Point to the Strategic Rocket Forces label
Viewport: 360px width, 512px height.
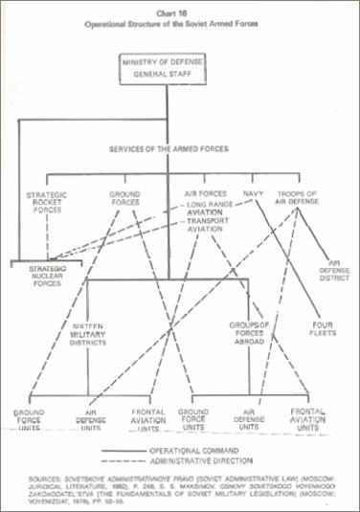coord(47,203)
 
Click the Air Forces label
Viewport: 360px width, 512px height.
coord(204,193)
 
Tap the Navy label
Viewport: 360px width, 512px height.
coord(252,193)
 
